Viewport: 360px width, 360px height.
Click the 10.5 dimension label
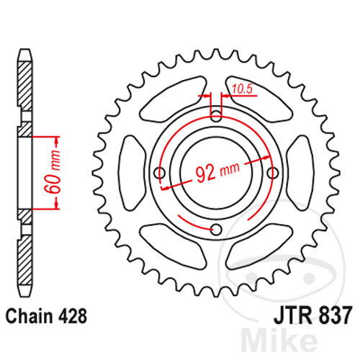243,89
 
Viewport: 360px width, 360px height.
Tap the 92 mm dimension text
217,171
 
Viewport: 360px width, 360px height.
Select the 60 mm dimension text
53,172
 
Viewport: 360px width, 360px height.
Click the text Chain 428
46,317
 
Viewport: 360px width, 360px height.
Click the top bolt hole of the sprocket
216,117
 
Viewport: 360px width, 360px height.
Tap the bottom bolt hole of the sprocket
216,230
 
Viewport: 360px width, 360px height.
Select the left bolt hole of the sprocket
160,173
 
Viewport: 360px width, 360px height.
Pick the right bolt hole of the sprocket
273,173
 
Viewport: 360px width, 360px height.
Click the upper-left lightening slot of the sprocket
172,99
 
